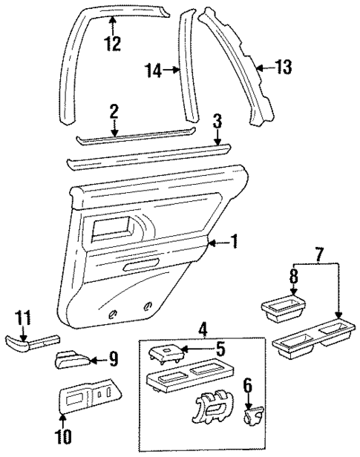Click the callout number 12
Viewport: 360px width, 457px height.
click(112, 45)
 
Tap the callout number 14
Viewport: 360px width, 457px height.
click(153, 70)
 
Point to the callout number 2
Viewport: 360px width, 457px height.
click(114, 111)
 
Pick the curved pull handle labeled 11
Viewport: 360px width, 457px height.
click(25, 343)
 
